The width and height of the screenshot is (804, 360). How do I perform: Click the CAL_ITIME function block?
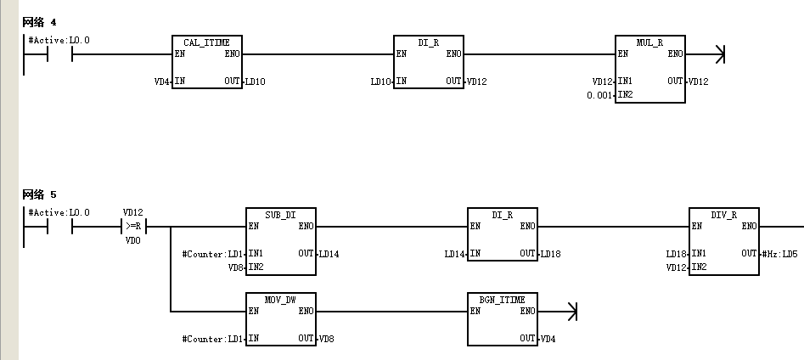point(206,61)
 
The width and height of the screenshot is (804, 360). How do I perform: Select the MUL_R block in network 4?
point(650,69)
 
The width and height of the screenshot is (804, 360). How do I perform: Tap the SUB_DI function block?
point(280,241)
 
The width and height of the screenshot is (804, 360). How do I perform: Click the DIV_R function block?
point(724,241)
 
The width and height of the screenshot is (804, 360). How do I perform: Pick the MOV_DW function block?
point(280,319)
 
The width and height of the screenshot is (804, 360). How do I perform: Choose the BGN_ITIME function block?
point(503,319)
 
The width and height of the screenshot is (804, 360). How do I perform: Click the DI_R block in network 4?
point(429,61)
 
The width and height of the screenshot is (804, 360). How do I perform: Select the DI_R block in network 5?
point(503,233)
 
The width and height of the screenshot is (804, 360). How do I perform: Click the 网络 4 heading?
point(40,22)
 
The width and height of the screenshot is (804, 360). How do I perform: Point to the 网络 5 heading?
point(40,194)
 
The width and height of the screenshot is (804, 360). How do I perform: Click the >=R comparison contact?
point(133,226)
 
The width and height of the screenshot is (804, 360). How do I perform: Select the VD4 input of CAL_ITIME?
point(162,81)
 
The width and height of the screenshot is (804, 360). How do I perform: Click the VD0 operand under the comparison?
point(132,240)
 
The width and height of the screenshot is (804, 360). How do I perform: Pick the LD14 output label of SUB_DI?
point(329,253)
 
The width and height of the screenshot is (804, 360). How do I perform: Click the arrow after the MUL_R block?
point(706,53)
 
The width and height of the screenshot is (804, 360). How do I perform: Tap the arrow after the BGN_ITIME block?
point(558,312)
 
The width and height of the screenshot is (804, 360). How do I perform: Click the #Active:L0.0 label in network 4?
point(59,40)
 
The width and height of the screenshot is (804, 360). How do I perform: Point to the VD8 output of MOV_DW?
point(327,339)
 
